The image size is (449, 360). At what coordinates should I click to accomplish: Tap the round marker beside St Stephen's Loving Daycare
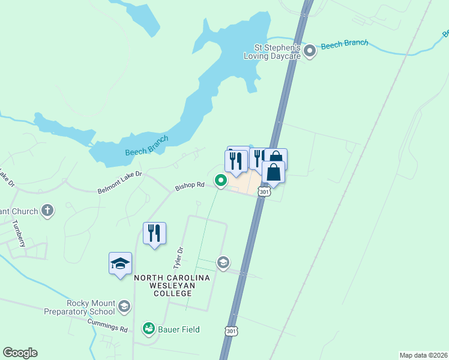[310, 51]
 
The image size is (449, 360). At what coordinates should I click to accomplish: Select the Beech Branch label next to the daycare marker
[344, 45]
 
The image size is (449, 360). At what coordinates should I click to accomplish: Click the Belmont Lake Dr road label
[119, 182]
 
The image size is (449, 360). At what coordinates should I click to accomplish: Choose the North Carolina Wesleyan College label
[172, 286]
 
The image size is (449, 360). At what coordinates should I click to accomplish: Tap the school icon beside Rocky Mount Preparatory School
[124, 307]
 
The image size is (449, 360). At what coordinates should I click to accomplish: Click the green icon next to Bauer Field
[148, 329]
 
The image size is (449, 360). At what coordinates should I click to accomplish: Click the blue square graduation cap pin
[120, 263]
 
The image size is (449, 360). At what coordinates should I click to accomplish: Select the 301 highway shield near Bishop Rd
[264, 191]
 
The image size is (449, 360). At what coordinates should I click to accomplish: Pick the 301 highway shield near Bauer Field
[232, 331]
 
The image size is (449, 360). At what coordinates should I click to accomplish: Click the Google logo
[20, 353]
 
